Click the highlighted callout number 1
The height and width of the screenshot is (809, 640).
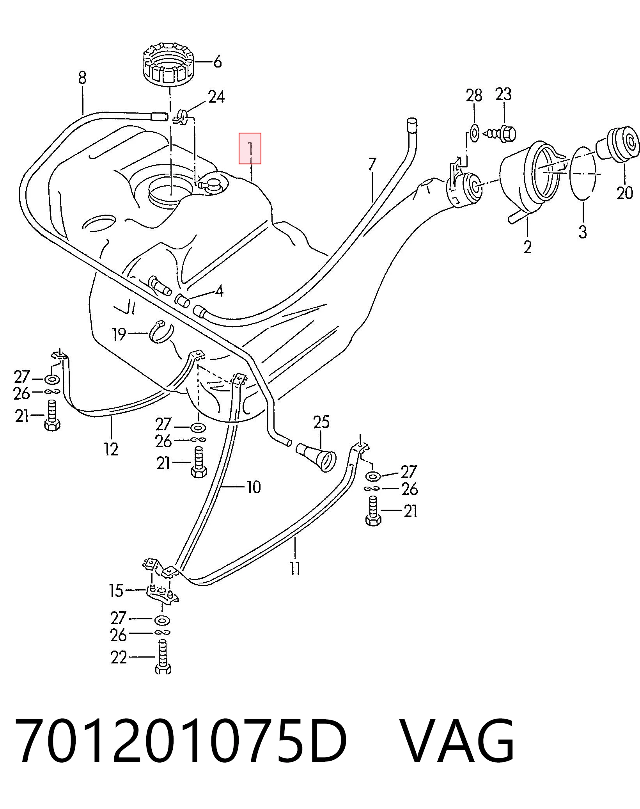(250, 149)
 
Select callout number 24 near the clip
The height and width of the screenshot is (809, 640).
(216, 96)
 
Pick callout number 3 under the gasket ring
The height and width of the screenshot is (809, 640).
(582, 232)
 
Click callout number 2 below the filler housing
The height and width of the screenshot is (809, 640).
(527, 247)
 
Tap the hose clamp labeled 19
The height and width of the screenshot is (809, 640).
(160, 332)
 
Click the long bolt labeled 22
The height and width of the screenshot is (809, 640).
(163, 657)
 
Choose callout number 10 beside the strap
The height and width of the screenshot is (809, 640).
(254, 487)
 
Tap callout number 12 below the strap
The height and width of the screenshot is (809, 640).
(111, 449)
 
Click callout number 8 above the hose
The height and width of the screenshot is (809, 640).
(82, 78)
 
